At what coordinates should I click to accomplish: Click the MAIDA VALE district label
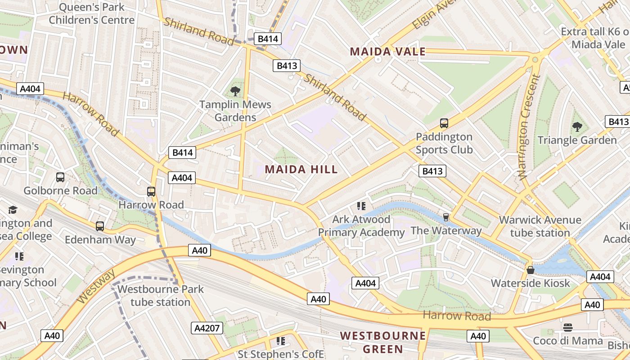387,51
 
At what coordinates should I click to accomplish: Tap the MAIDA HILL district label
301,169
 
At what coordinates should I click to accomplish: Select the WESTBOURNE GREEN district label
383,342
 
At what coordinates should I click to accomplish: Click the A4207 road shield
207,328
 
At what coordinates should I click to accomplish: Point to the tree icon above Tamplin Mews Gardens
235,91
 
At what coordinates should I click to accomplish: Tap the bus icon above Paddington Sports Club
444,123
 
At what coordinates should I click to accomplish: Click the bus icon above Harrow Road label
151,192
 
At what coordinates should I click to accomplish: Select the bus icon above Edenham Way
100,226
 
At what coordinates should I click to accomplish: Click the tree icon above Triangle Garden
577,127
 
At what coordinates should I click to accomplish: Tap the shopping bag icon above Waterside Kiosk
531,270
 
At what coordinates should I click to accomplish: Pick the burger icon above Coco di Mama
568,327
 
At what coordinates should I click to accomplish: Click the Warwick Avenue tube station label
540,226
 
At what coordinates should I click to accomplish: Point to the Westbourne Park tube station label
161,295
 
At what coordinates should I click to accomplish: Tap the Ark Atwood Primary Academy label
361,226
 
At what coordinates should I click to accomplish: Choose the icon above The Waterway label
446,217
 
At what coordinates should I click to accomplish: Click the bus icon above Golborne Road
60,177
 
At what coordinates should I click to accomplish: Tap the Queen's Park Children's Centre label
91,13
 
